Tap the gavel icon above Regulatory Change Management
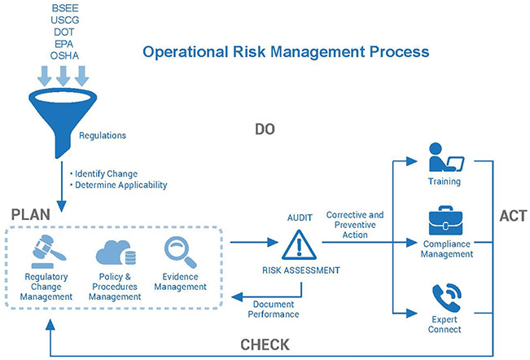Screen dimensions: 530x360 (x=47, y=252)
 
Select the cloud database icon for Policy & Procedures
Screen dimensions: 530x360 (x=116, y=252)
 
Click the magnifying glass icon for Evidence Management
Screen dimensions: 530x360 (x=180, y=252)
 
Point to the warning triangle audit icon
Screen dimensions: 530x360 (x=299, y=244)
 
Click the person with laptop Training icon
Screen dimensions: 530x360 (x=446, y=157)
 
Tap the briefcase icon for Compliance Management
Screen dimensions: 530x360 (x=445, y=221)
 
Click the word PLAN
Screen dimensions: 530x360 (x=31, y=215)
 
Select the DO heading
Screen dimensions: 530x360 (x=265, y=130)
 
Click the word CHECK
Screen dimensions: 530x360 (x=265, y=345)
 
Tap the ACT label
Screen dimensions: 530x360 (x=513, y=216)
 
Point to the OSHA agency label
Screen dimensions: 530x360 (x=64, y=55)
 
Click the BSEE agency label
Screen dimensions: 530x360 (x=65, y=8)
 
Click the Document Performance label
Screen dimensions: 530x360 (x=274, y=310)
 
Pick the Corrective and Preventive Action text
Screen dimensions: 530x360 (x=355, y=225)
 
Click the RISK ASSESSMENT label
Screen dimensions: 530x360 (x=301, y=270)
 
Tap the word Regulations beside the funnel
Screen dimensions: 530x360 (x=103, y=135)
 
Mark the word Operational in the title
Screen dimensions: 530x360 (x=186, y=52)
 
